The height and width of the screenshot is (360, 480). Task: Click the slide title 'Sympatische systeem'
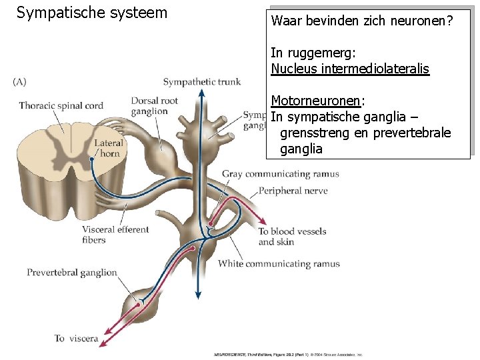92,13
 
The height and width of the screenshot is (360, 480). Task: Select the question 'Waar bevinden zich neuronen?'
362,21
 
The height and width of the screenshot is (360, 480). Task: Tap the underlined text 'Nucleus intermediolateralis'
350,69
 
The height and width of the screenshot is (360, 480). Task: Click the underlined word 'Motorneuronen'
315,101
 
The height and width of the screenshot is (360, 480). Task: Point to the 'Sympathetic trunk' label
202,81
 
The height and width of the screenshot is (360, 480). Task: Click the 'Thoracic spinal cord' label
61,105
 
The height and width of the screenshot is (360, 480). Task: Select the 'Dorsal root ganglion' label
154,106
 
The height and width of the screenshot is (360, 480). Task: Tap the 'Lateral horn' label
107,147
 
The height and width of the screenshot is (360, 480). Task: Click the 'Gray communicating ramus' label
280,174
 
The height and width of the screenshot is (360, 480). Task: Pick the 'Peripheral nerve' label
293,191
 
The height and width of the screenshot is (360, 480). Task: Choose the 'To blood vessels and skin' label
292,237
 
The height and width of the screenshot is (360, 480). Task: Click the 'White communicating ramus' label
279,263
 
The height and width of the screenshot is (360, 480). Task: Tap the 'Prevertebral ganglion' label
72,272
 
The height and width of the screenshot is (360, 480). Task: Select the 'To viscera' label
76,338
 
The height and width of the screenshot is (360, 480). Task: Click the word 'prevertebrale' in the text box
413,133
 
